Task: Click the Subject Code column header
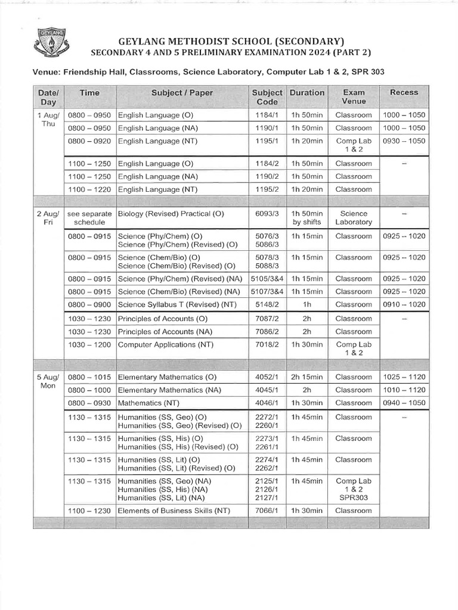coord(267,97)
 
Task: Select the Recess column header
coord(404,92)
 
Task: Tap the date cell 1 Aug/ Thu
coord(48,119)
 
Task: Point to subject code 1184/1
coord(267,115)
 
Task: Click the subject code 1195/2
coord(267,189)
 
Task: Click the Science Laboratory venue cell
coord(354,217)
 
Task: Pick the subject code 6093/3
coord(267,213)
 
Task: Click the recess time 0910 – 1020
coord(404,304)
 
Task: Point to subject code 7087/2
coord(267,319)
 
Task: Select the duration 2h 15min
coord(307,377)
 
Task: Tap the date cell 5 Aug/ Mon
coord(48,381)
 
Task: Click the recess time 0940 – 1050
coord(404,403)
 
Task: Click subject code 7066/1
coord(267,511)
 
